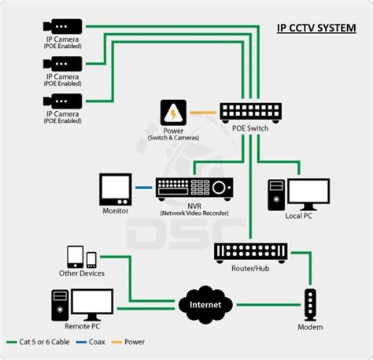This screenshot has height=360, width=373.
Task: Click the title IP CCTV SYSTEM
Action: (316, 28)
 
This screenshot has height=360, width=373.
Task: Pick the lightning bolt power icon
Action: (172, 111)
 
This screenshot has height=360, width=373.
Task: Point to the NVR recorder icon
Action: (194, 187)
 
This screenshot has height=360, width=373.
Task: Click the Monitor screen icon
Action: (116, 188)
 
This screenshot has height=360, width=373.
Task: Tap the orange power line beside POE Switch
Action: (203, 111)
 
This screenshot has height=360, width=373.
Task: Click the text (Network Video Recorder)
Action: (194, 213)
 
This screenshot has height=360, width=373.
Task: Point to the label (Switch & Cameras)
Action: (173, 138)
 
